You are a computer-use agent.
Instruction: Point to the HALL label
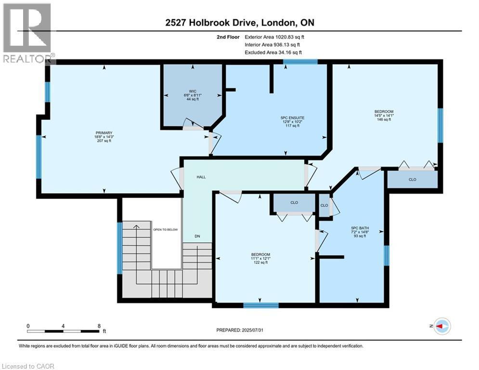click(x=201, y=177)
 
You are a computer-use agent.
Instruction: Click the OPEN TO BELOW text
click(x=166, y=229)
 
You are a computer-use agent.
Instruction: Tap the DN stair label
click(x=197, y=236)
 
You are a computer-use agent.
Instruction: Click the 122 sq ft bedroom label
click(x=260, y=258)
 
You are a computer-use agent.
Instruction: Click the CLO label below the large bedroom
click(x=413, y=179)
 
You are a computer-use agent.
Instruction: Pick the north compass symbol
click(x=441, y=326)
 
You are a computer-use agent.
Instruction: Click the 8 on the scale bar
click(x=99, y=326)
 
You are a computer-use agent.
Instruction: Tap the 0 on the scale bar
click(x=28, y=326)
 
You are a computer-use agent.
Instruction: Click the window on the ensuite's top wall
click(x=300, y=62)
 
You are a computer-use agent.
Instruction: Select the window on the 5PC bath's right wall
click(x=386, y=255)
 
